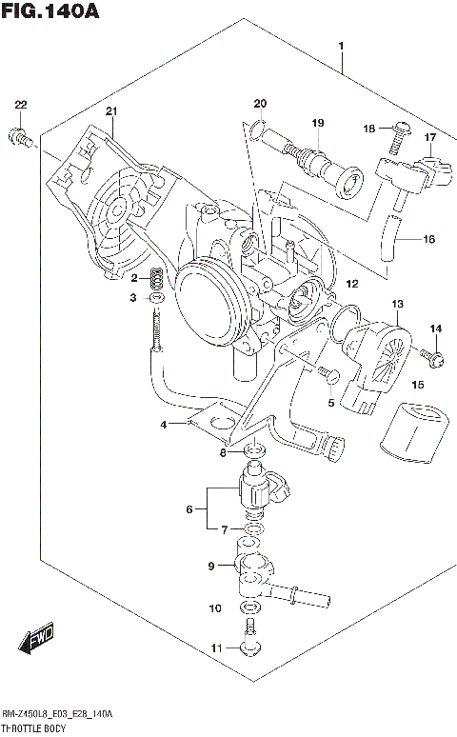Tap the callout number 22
point(21,105)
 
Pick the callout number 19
point(318,123)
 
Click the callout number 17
point(430,137)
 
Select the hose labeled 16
point(388,238)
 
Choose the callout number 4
point(163,424)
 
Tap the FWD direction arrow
point(37,640)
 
